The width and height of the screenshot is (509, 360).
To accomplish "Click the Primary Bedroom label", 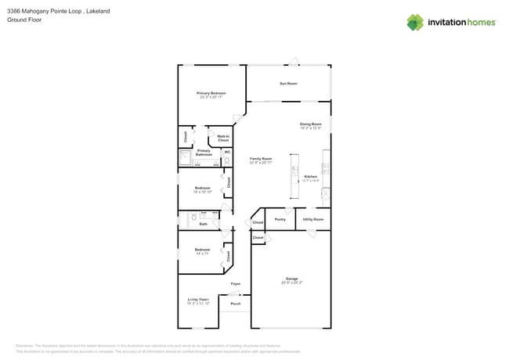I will click(211, 93).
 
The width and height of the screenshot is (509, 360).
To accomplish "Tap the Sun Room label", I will click(288, 83).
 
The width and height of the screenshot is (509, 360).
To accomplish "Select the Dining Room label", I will click(311, 124).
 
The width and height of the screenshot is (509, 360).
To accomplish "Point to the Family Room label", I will click(261, 159).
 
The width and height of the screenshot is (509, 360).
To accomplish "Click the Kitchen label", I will click(311, 177).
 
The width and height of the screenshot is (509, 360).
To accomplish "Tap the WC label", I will click(227, 152).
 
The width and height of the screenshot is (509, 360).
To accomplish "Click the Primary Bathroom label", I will click(204, 153).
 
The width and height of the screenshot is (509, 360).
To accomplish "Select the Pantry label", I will click(280, 220).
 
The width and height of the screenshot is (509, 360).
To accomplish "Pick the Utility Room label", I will click(313, 220).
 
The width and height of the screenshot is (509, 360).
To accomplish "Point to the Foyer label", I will click(235, 283).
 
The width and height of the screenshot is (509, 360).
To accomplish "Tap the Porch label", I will click(235, 304).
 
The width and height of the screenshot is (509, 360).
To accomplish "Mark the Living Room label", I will click(198, 300).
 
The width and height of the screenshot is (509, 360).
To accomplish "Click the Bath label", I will click(203, 224).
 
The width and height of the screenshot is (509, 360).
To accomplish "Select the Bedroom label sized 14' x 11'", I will click(202, 250).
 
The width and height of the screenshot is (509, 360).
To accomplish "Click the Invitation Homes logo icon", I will click(415, 23).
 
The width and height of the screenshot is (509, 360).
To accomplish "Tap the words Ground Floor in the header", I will click(23, 20).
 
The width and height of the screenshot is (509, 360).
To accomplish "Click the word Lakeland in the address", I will click(99, 11).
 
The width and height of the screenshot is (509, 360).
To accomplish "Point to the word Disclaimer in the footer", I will click(28, 345).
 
